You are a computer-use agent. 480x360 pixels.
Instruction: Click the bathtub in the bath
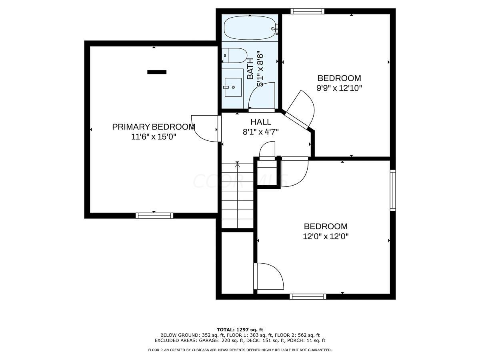(249, 28)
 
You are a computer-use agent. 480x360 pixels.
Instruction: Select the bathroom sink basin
(233, 87)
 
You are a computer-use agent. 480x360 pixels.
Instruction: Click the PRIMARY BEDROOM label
(154, 127)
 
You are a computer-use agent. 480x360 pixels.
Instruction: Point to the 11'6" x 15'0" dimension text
(154, 137)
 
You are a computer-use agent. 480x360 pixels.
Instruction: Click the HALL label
(261, 122)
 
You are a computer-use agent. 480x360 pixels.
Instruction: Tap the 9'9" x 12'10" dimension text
(339, 88)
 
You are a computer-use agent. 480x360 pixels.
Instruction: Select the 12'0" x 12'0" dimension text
(326, 236)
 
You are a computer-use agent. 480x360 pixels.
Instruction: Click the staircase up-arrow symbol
(238, 164)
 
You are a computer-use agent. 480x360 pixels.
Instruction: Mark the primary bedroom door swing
(205, 128)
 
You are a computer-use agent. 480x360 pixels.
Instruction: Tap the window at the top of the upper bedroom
(307, 11)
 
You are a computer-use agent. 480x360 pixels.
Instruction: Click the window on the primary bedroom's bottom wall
(154, 216)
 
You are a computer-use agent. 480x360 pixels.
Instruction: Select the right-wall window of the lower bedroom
(393, 190)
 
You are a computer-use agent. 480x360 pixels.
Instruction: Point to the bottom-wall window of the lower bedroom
(308, 296)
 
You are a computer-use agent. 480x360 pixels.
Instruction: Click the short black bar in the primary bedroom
(157, 72)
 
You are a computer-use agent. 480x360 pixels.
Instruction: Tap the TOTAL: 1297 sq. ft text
(240, 330)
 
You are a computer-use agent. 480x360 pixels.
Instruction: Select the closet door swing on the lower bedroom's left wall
(269, 276)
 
